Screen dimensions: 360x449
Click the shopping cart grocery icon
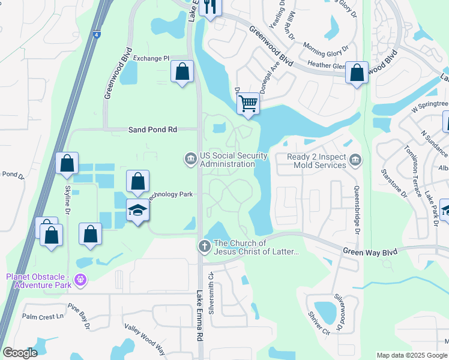248,103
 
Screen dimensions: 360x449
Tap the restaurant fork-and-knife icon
209,7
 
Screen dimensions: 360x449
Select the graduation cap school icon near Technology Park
137,211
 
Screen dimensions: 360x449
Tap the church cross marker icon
204,246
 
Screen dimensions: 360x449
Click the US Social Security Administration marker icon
190,159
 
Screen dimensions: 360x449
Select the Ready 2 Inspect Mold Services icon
355,160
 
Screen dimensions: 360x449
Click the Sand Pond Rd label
153,129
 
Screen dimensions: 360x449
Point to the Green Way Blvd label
370,252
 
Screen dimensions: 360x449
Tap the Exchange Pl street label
151,58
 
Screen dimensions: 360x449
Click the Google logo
20,353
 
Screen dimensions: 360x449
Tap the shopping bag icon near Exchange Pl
182,72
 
